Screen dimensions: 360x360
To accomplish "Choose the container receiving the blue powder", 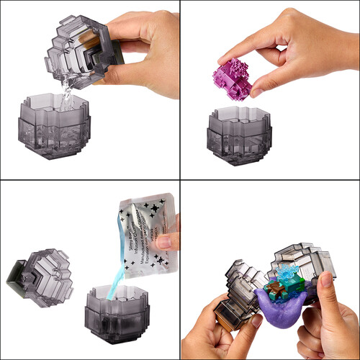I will (x=119, y=317).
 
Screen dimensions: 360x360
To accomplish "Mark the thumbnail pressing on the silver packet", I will (x=163, y=243).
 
